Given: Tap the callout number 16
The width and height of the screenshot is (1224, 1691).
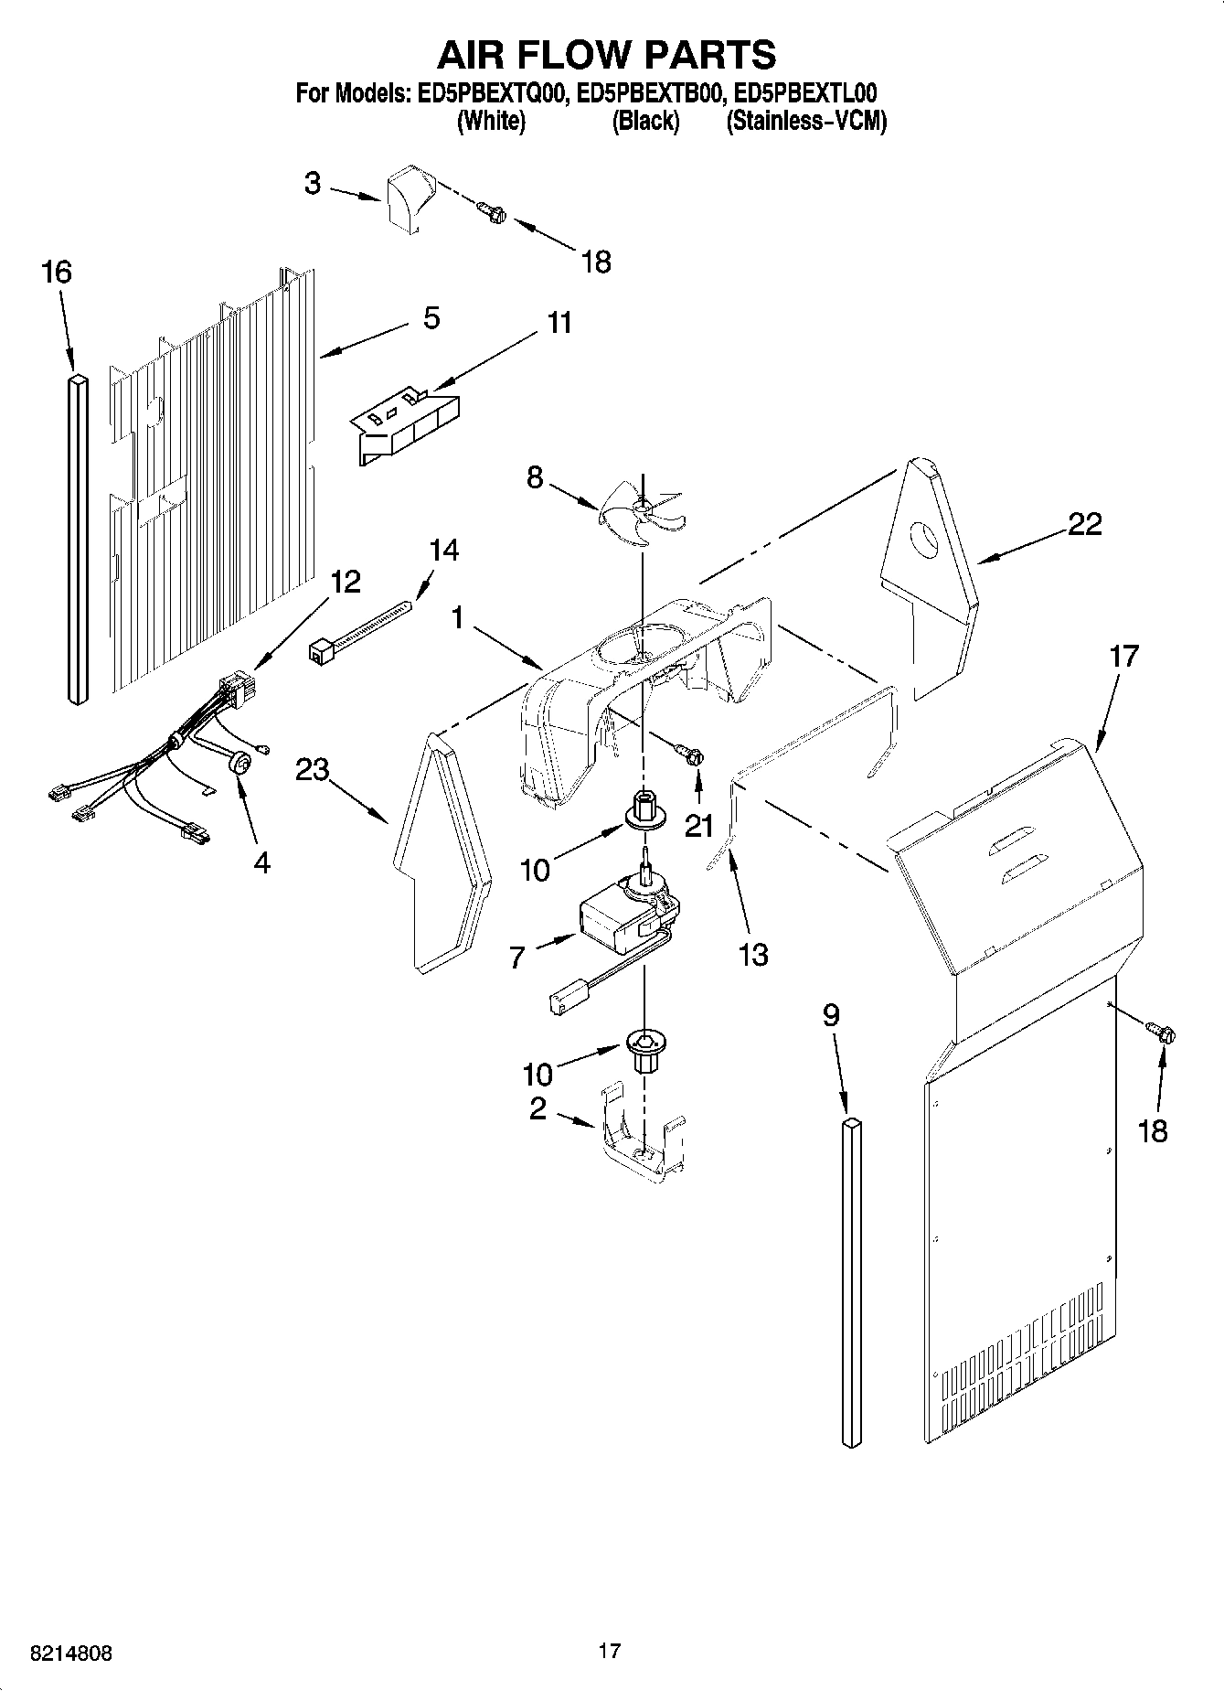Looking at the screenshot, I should (57, 273).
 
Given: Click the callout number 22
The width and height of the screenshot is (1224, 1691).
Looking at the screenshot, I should (1084, 524).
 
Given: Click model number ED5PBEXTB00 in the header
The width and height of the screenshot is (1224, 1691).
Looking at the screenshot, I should (651, 93).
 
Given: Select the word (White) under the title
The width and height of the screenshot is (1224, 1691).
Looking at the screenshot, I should (491, 121).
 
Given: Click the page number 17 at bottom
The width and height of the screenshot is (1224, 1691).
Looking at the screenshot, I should (610, 1651).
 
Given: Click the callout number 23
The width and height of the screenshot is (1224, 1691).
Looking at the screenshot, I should (312, 770).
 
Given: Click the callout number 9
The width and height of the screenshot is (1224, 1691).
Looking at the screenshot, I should (830, 1015).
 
